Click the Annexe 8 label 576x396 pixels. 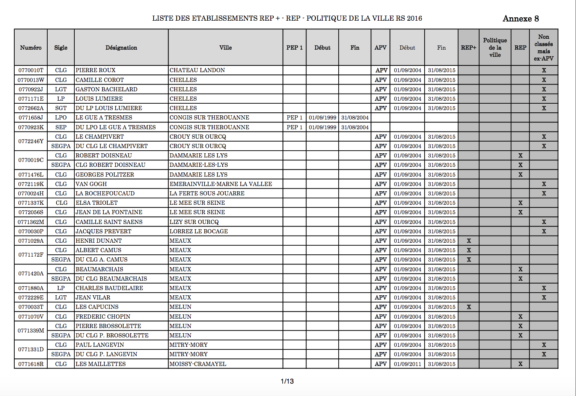[520, 19]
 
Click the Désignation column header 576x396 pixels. [121, 48]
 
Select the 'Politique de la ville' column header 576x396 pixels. [495, 48]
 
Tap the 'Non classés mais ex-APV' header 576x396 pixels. [543, 48]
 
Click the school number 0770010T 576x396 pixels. [31, 70]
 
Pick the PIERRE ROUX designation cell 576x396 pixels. [95, 70]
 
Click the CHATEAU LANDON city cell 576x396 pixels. [197, 70]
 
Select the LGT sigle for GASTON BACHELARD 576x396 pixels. [61, 89]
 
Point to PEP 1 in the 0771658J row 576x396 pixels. [294, 118]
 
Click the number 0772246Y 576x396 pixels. [31, 141]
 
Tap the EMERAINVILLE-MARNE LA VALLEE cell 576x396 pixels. [221, 184]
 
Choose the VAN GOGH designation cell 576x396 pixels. [91, 184]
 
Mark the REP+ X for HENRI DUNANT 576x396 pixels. [469, 241]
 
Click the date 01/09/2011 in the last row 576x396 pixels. [407, 364]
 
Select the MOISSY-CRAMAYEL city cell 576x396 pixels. [198, 364]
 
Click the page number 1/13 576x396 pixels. [287, 381]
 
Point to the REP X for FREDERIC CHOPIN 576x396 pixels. [520, 317]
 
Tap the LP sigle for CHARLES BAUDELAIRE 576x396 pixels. [61, 288]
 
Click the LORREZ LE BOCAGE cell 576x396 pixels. [199, 231]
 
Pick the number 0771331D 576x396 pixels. [31, 349]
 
